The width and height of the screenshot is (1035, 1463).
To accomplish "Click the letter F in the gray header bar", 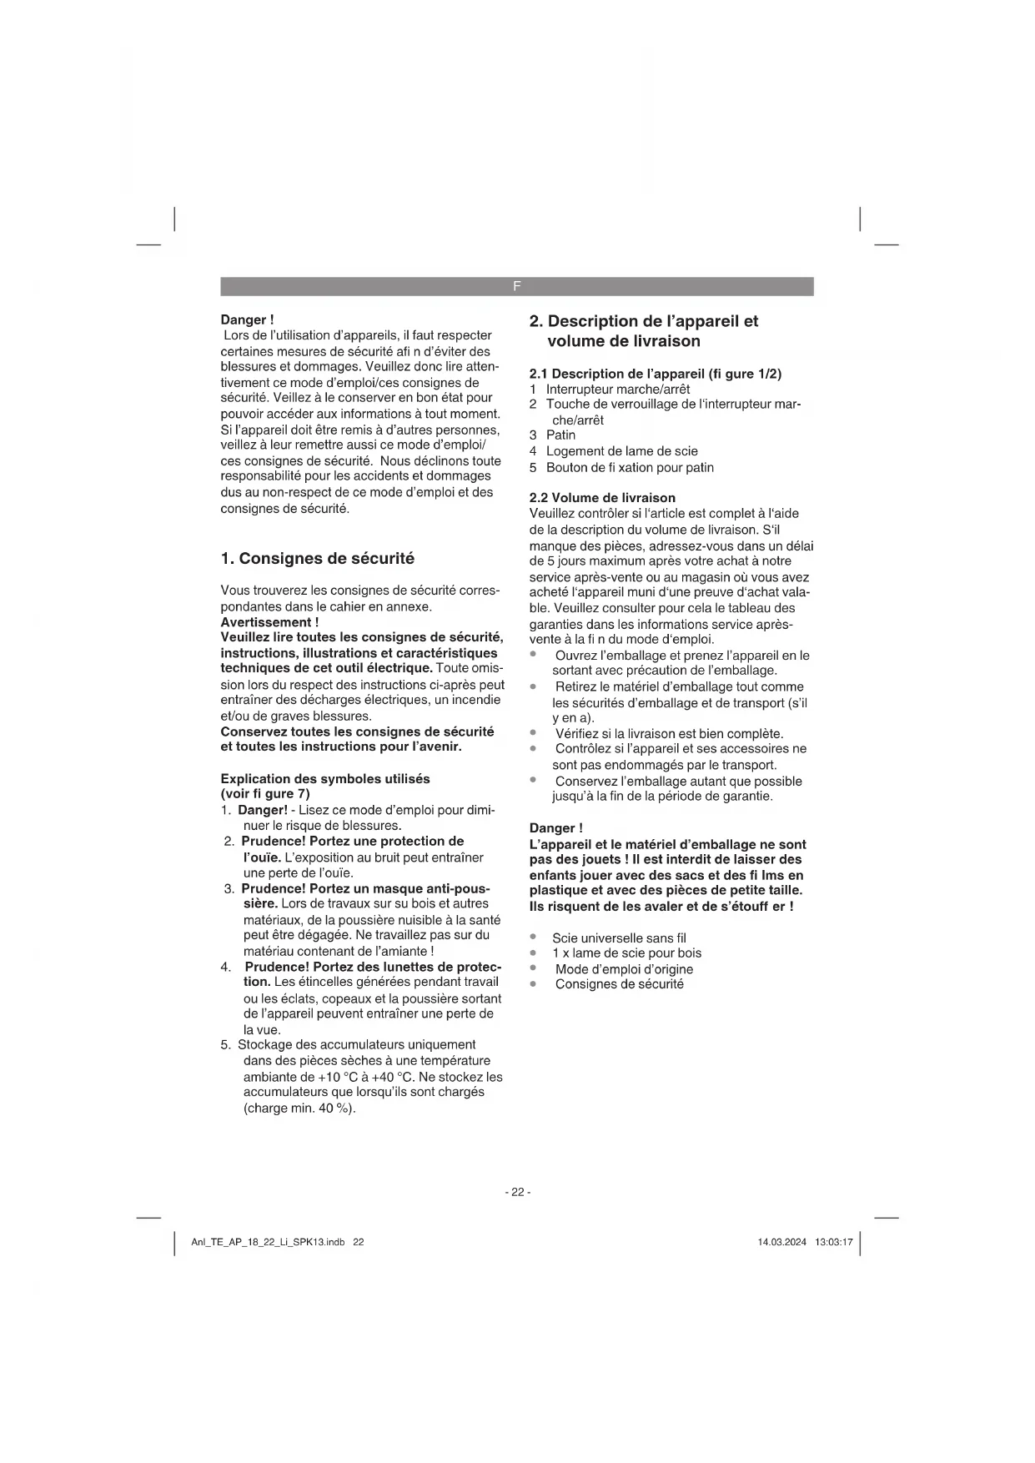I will pos(516,286).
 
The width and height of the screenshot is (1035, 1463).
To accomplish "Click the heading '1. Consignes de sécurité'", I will pos(317,559).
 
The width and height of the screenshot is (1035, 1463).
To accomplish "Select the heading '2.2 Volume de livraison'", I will pos(602,498).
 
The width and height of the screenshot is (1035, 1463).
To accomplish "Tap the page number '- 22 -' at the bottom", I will pos(517,1192).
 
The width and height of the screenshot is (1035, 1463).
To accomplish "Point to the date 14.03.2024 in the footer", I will pos(781,1242).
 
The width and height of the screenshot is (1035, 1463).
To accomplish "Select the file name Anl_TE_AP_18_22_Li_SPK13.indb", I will pos(268,1242).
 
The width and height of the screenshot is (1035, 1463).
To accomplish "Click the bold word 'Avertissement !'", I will pos(269,622).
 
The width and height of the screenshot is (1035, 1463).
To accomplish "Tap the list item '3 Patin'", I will pos(552,435).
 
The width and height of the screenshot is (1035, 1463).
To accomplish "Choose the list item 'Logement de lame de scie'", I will pos(621,451).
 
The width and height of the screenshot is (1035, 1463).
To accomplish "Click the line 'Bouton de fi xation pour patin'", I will pos(630,467).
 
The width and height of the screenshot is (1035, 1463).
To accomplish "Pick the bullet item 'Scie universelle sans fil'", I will pos(619,938).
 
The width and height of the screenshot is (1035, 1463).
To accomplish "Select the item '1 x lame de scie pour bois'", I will pos(626,953).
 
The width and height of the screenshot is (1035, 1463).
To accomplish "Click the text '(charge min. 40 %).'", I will pos(299,1109).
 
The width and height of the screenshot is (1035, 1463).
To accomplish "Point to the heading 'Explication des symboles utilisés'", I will pos(325,779).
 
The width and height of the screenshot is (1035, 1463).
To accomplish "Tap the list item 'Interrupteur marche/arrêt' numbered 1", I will pos(617,389).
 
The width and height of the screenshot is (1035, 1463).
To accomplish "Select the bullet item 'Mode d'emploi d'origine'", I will pos(624,969).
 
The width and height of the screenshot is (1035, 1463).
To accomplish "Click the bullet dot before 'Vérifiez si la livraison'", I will pos(533,733).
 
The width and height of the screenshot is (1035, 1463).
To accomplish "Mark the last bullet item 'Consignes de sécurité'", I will pos(619,984).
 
